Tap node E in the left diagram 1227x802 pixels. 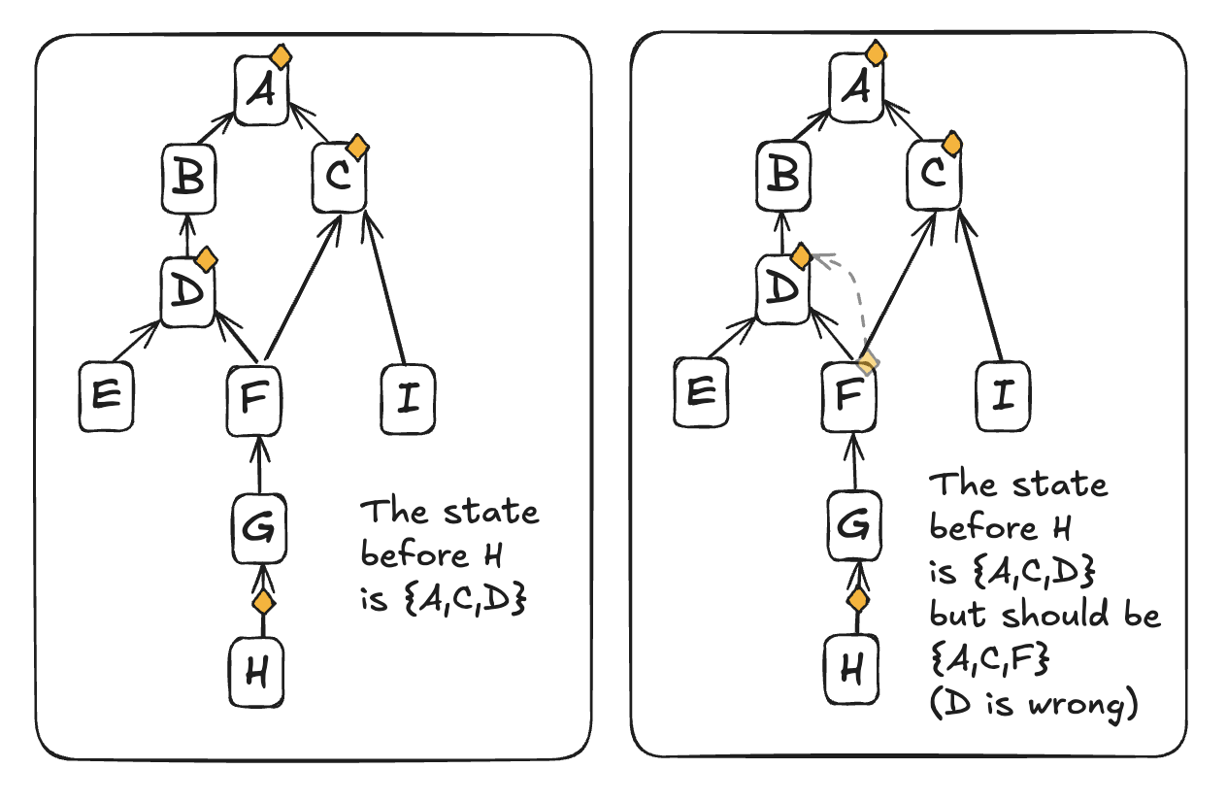(x=106, y=396)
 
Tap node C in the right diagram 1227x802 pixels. (x=935, y=177)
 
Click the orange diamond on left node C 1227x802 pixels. (x=357, y=148)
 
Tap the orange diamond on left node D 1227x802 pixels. (x=206, y=259)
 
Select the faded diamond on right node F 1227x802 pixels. (x=869, y=362)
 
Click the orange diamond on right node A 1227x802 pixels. (x=875, y=52)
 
